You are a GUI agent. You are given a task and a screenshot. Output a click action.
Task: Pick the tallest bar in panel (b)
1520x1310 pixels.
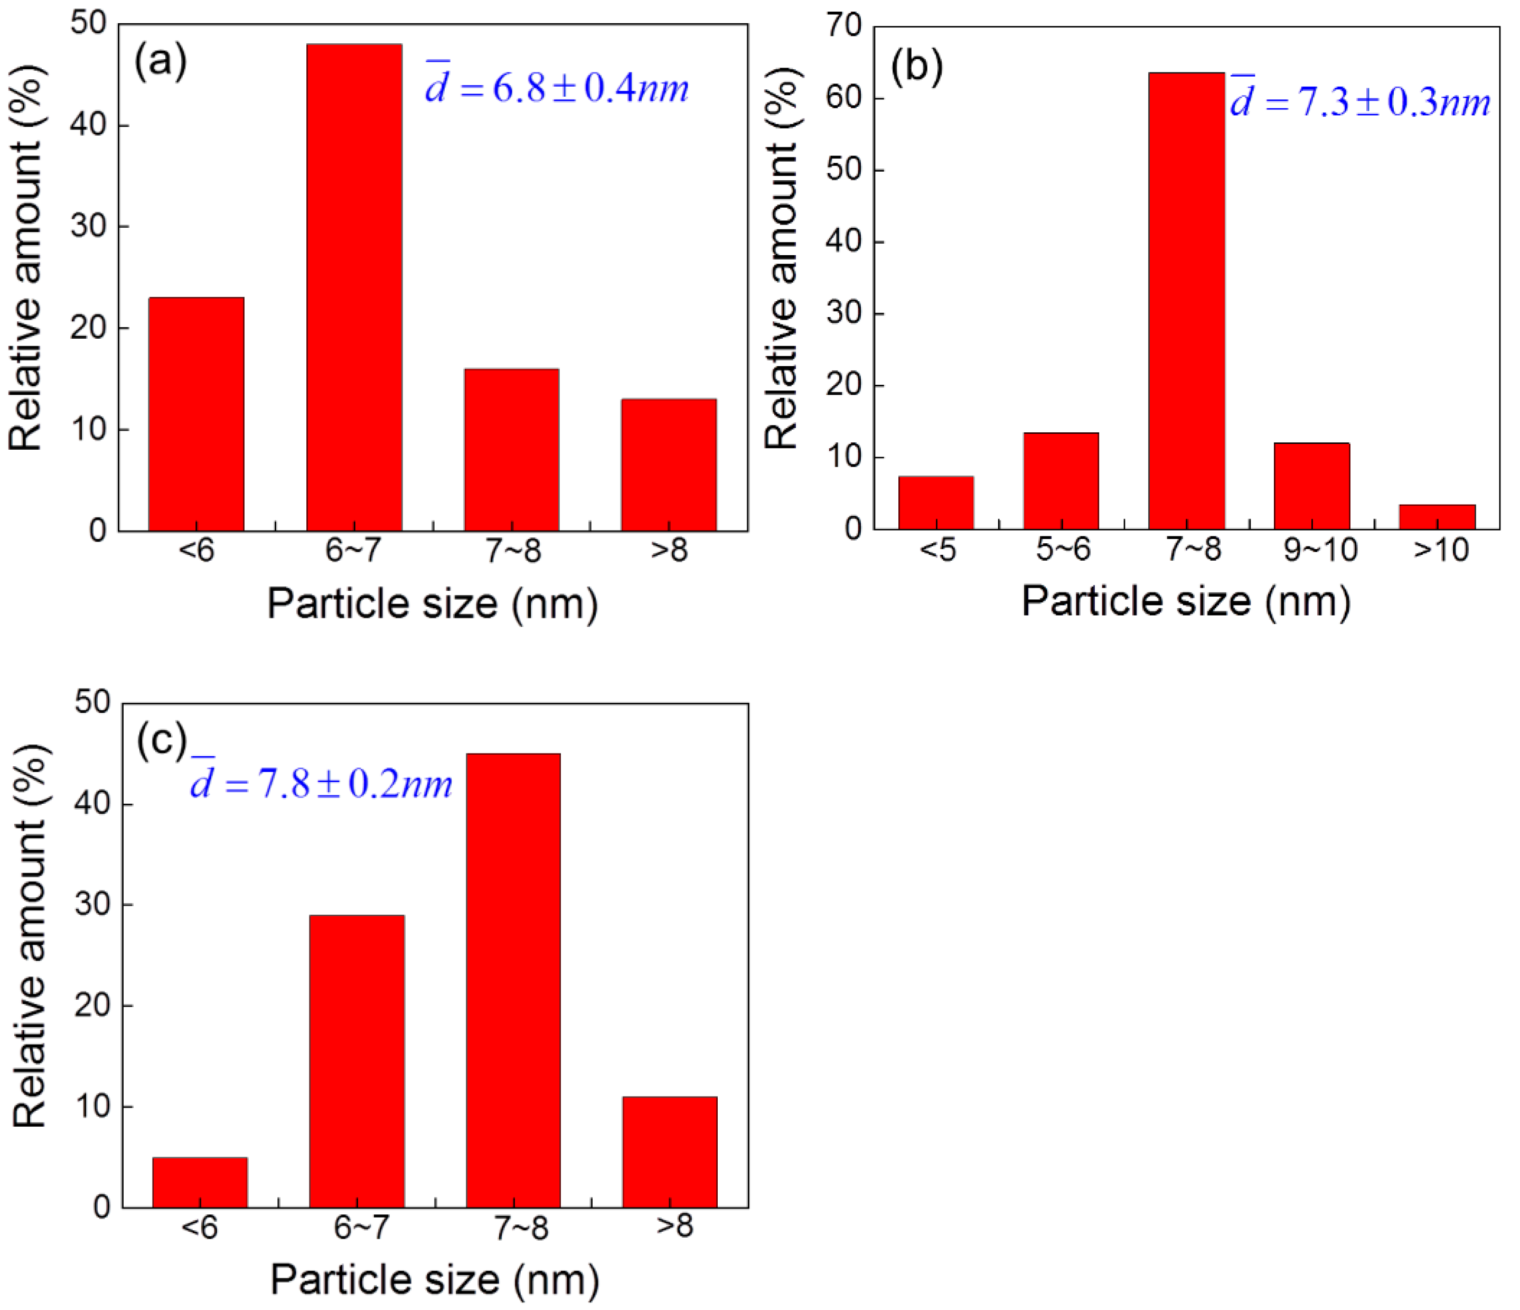1186,301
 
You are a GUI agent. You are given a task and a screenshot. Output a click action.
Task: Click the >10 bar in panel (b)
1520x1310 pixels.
1437,517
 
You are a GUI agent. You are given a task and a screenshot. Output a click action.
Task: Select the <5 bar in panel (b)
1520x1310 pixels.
935,503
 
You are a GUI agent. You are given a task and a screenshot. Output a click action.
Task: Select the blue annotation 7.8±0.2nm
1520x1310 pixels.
321,783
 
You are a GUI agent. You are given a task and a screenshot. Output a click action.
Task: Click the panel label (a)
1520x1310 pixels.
160,61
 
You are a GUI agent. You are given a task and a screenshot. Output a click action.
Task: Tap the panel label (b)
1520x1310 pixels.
916,66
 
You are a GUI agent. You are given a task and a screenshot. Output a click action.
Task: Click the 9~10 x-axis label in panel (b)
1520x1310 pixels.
1320,550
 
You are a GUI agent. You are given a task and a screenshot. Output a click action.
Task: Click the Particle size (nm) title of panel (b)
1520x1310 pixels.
1186,602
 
